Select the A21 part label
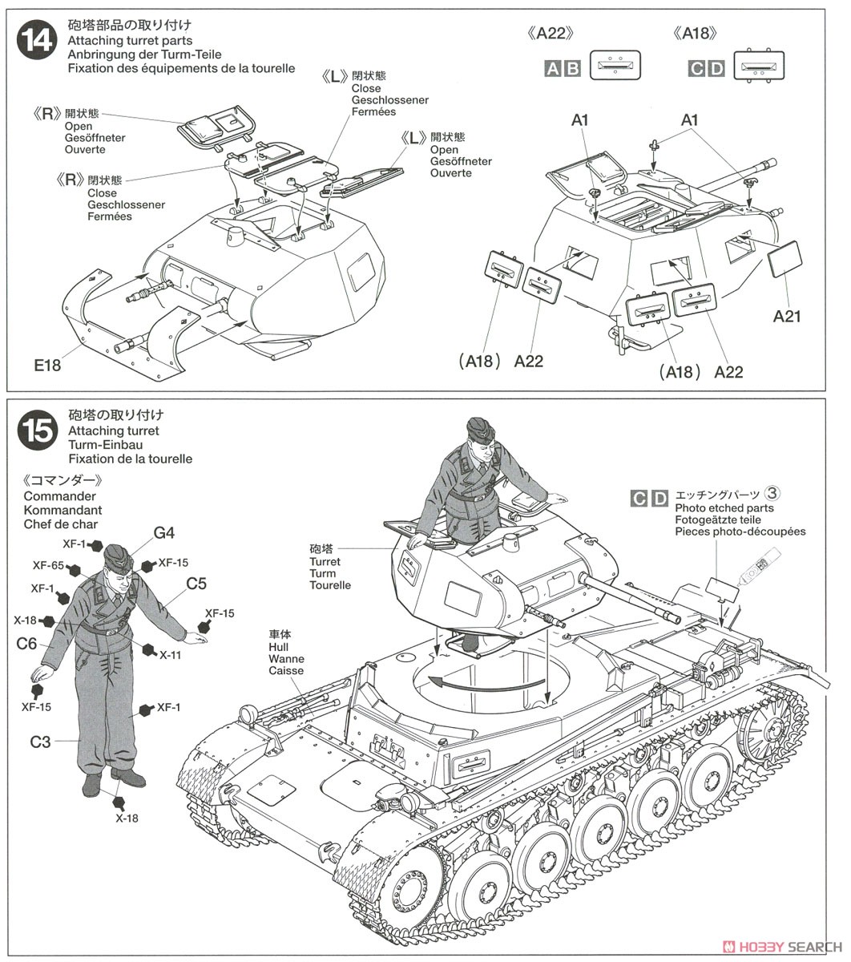click(787, 316)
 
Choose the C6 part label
click(26, 643)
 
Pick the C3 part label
click(40, 742)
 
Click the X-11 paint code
click(170, 655)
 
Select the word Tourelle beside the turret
click(330, 585)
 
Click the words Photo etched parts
click(724, 508)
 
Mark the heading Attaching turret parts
click(130, 41)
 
